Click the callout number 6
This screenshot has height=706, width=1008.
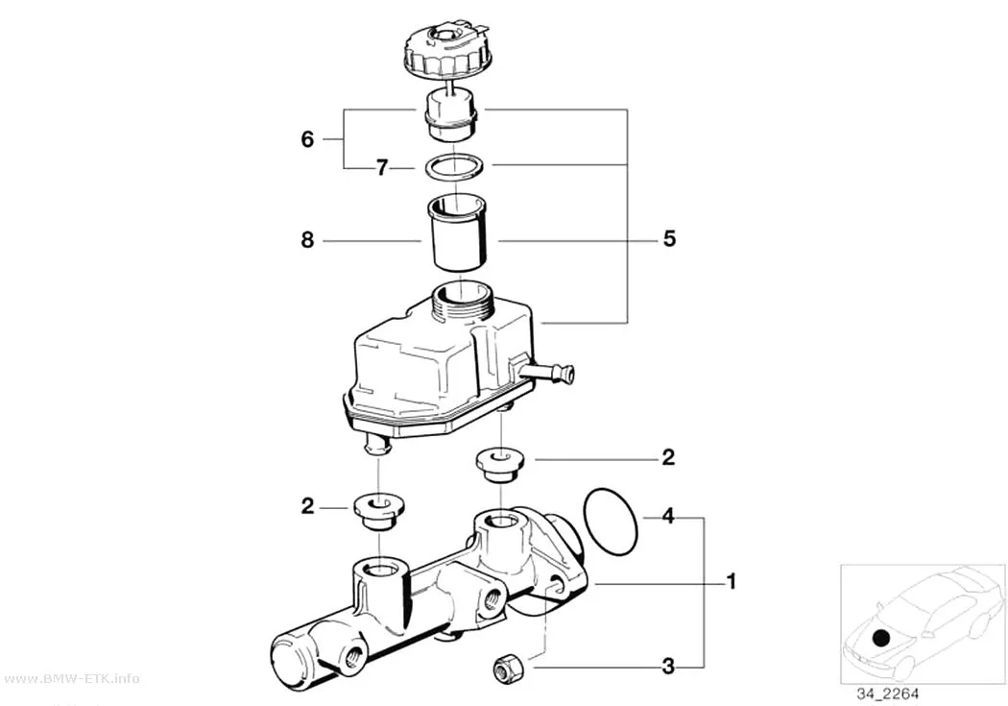[x=307, y=139]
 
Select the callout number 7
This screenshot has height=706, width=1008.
[x=382, y=168]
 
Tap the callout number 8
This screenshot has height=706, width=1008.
[x=307, y=240]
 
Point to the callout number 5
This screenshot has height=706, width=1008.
[x=669, y=239]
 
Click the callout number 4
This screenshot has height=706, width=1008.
[x=668, y=516]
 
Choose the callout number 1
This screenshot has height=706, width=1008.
[x=731, y=581]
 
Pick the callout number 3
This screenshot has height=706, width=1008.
[x=668, y=667]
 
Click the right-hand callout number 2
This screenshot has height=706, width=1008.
[x=668, y=457]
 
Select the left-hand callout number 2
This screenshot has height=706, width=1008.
[x=307, y=506]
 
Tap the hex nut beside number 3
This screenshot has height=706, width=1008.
[x=508, y=668]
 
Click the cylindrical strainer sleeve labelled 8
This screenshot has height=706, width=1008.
[x=457, y=233]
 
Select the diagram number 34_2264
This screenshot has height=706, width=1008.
[x=888, y=694]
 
